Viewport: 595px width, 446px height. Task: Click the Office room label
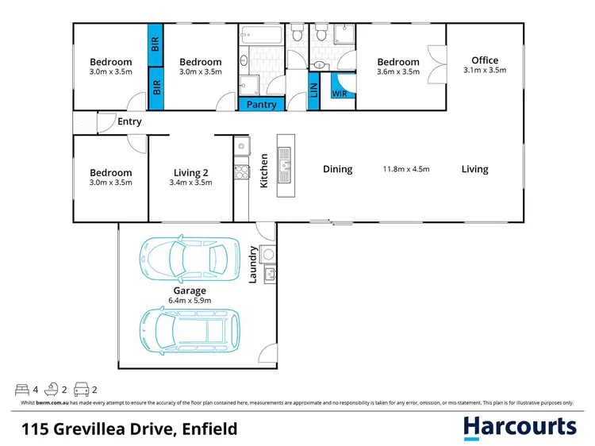coord(485,60)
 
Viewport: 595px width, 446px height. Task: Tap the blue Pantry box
coord(262,104)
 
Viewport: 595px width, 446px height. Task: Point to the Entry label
coord(129,121)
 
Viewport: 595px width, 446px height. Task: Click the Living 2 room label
coord(190,172)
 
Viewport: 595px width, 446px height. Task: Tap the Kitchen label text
coord(264,171)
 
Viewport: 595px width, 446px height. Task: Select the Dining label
coord(337,169)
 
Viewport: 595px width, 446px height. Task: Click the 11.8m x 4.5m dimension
coord(407,169)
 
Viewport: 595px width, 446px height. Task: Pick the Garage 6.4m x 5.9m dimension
coord(190,302)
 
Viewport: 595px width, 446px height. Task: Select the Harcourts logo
coord(520,428)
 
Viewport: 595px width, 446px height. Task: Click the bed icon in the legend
coord(21,390)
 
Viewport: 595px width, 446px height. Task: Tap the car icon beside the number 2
coord(81,390)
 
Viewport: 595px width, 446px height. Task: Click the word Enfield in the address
coord(206,429)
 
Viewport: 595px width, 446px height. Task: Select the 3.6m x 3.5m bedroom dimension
coord(398,71)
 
